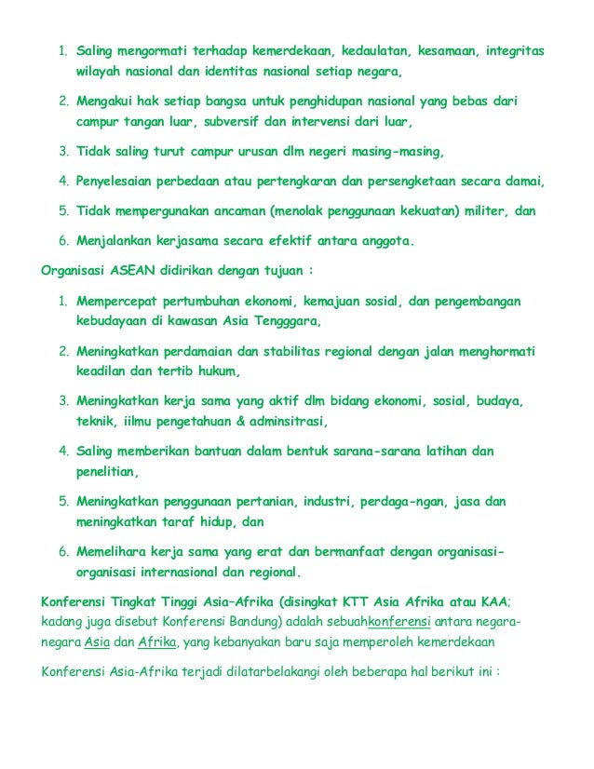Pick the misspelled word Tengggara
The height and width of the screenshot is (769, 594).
[x=279, y=321]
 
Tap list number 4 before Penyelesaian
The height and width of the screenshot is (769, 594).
[x=63, y=181]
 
